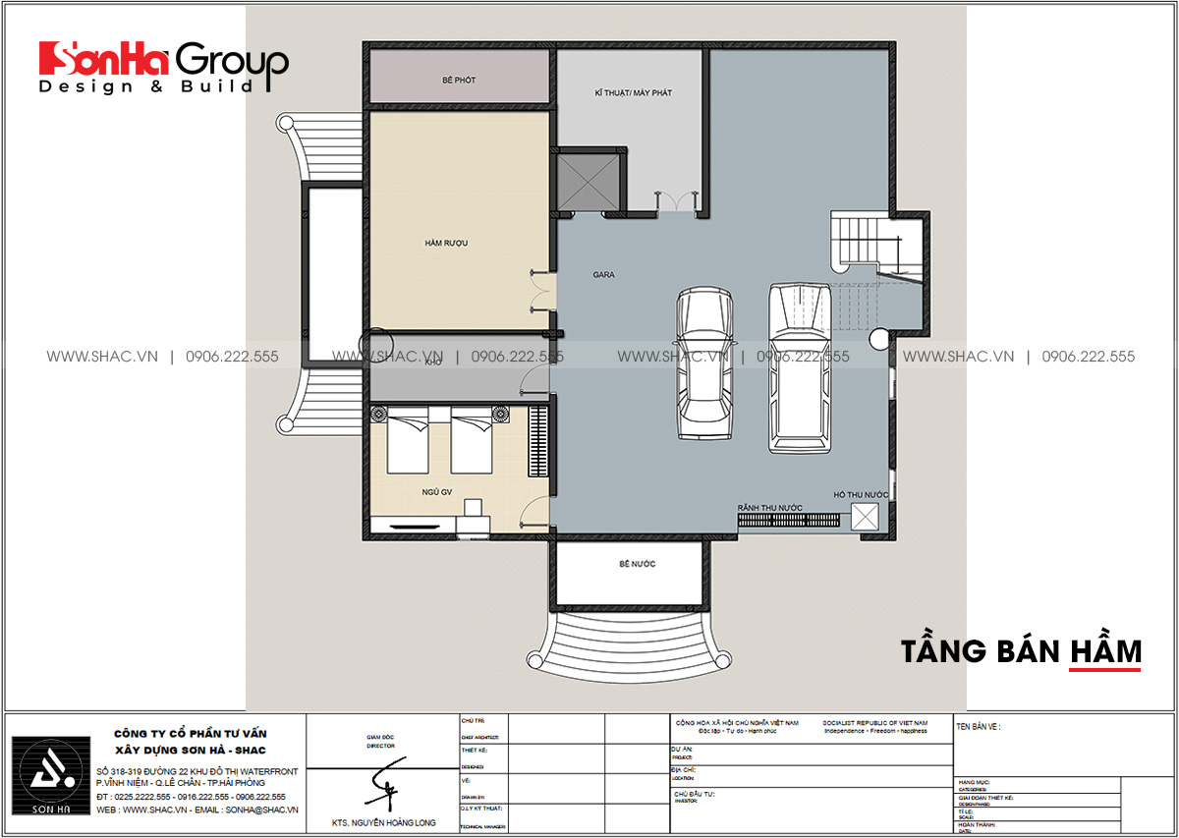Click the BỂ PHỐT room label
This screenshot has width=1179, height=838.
tap(458, 80)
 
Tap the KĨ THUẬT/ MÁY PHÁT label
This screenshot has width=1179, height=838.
tap(633, 92)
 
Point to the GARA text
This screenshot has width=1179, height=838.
tap(603, 275)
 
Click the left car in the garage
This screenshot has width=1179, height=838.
tap(704, 363)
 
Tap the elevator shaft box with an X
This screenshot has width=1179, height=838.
tap(587, 180)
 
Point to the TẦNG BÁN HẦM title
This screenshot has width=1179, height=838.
tap(1021, 650)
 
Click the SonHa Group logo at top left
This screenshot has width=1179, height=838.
tap(163, 67)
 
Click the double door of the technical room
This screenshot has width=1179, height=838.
tap(672, 202)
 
